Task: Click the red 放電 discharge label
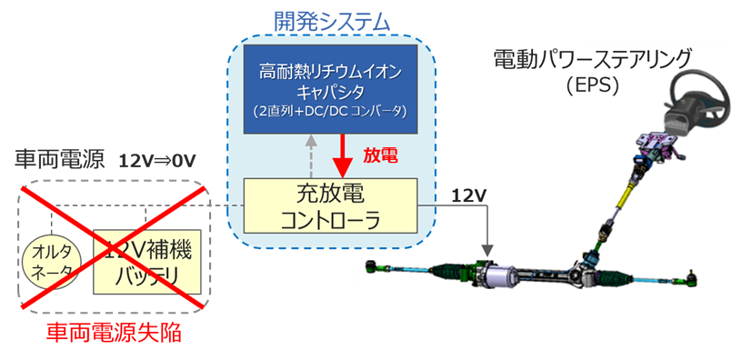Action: point(380,155)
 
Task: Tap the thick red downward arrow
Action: point(342,156)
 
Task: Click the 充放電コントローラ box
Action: point(330,207)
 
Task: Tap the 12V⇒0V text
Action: point(157,161)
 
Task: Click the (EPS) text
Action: point(591,86)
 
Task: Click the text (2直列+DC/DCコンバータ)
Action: point(330,110)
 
